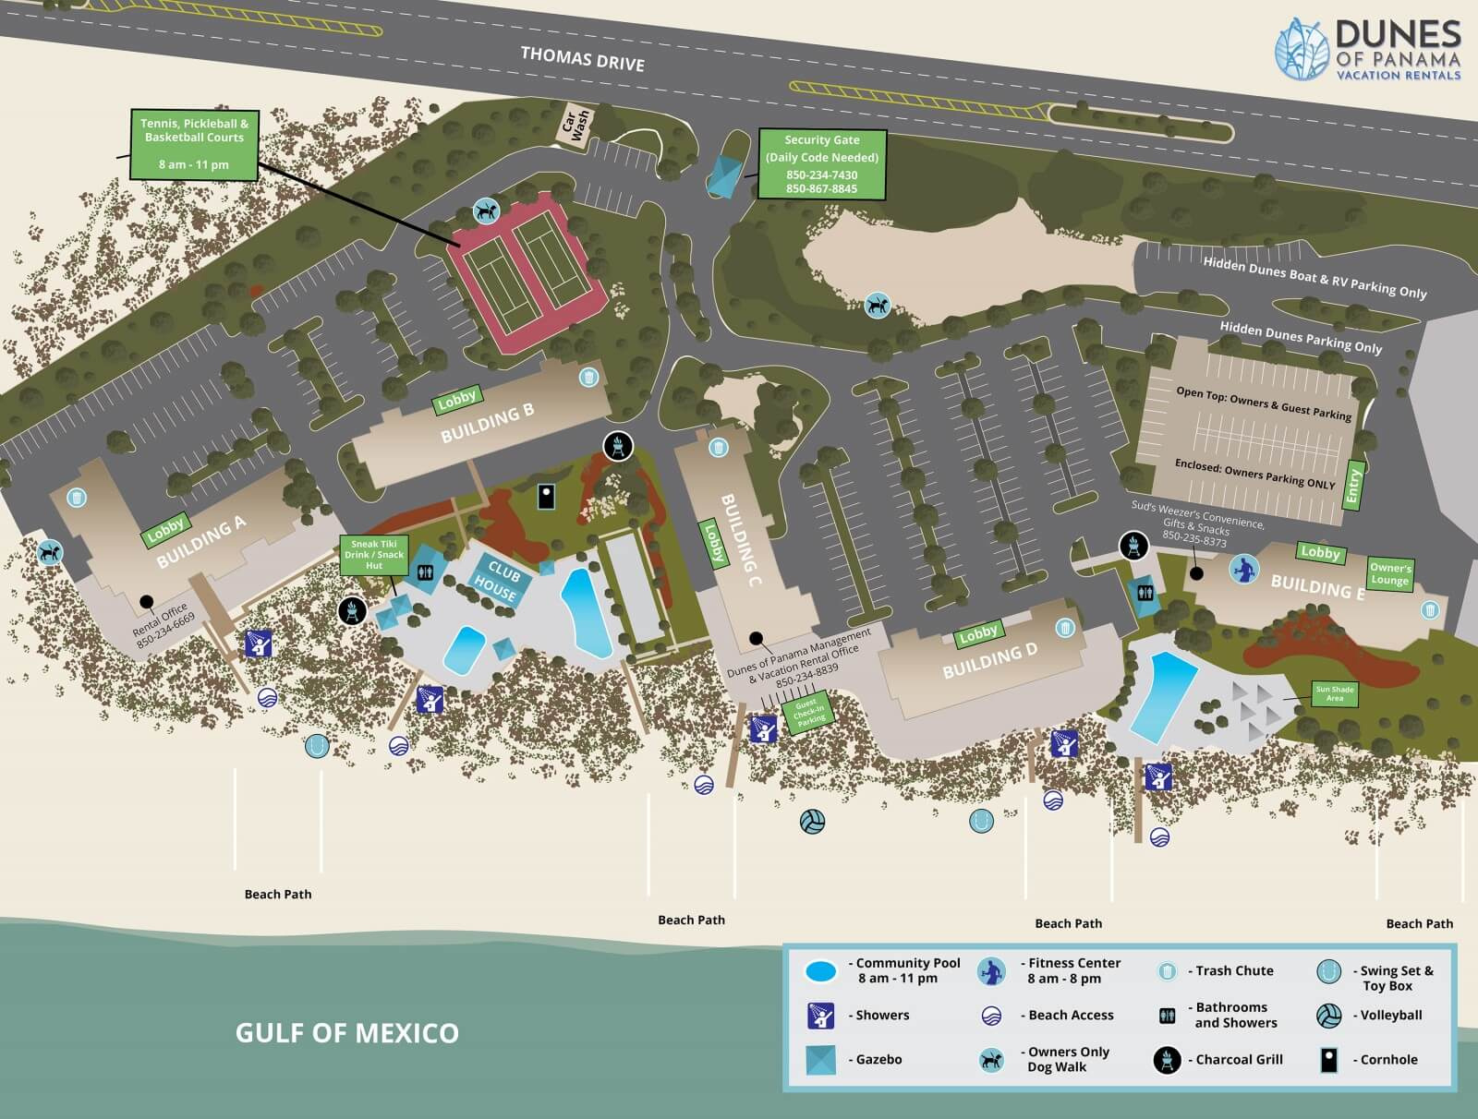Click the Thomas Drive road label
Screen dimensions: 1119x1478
click(582, 58)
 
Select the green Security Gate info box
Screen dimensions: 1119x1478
click(821, 164)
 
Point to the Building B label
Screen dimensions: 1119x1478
click(487, 423)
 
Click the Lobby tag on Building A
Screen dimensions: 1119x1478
click(166, 530)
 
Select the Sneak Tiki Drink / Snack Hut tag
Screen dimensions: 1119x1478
click(374, 555)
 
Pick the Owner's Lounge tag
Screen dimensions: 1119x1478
click(1389, 574)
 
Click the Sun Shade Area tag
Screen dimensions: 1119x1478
click(1335, 693)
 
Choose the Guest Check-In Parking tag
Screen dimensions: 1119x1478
click(807, 714)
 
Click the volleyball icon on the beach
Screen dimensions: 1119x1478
click(812, 822)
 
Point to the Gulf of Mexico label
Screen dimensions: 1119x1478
click(346, 1032)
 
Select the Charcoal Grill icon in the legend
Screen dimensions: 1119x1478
click(1167, 1060)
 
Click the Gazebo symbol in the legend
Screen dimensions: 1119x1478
click(819, 1060)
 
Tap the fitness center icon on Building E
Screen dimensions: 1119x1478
click(1243, 569)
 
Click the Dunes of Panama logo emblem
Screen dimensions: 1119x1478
click(1302, 47)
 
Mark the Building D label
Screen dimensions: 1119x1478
click(989, 660)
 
